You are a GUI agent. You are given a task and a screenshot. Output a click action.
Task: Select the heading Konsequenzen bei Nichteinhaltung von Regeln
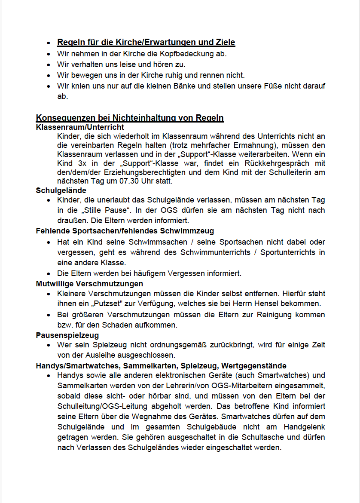click(x=130, y=118)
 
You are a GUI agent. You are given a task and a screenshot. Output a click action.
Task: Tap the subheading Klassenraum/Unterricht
click(x=80, y=127)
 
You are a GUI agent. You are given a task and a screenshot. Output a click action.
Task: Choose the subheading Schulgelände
click(x=61, y=190)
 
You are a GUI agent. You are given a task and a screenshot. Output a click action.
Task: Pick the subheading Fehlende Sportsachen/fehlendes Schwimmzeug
click(x=125, y=231)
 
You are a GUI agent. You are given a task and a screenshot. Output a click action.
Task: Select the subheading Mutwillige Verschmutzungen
click(x=89, y=284)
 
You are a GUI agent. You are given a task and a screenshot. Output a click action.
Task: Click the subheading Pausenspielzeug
click(x=67, y=335)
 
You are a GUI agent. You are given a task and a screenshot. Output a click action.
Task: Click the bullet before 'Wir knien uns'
click(x=49, y=86)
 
